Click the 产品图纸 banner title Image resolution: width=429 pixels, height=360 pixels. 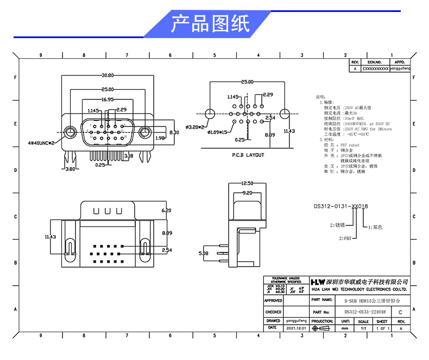[211, 24]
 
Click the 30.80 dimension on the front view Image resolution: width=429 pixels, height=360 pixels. [108, 75]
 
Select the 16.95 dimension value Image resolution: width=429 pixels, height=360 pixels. [108, 99]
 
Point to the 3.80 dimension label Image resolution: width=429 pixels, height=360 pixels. [70, 169]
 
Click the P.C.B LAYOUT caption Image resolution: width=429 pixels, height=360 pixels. [248, 155]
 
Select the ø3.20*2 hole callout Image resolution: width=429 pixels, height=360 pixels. [194, 127]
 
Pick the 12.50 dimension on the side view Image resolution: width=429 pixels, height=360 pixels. [247, 184]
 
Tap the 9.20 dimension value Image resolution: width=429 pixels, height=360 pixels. [247, 192]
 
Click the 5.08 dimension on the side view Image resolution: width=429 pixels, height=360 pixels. [204, 252]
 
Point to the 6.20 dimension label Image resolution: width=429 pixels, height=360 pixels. [166, 210]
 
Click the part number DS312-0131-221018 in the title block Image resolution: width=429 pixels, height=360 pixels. [365, 312]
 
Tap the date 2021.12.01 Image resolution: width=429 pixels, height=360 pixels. [297, 329]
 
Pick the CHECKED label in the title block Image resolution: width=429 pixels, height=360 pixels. [273, 312]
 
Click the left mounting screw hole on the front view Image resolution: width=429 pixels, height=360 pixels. [70, 132]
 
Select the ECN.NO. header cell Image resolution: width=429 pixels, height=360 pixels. [375, 62]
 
